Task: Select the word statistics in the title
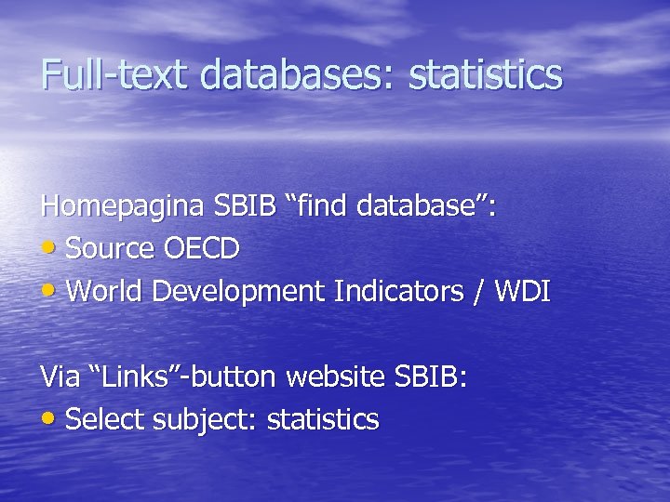(x=486, y=74)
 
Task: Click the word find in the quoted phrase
(x=324, y=205)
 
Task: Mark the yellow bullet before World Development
(x=49, y=293)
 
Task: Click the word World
(x=105, y=292)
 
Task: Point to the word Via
(x=60, y=377)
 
